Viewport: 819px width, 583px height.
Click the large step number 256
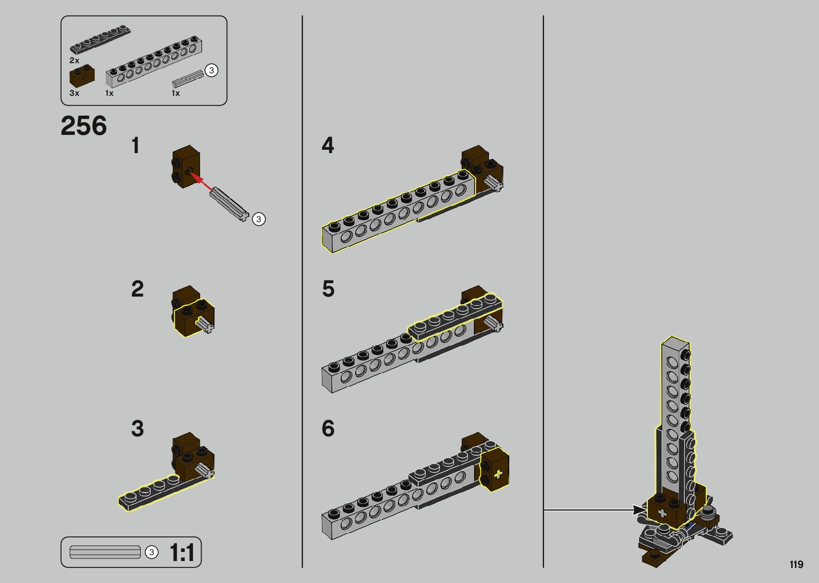point(84,126)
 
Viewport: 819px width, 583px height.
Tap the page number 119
point(797,564)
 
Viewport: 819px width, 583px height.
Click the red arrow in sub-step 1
point(202,182)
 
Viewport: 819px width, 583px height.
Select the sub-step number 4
point(327,145)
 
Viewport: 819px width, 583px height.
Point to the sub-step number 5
point(328,289)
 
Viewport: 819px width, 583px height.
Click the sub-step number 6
point(328,428)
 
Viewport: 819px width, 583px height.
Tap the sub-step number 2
point(137,289)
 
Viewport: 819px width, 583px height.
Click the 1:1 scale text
point(182,552)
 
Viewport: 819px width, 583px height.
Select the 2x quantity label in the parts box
point(74,60)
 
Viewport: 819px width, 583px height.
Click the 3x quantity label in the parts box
point(74,93)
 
